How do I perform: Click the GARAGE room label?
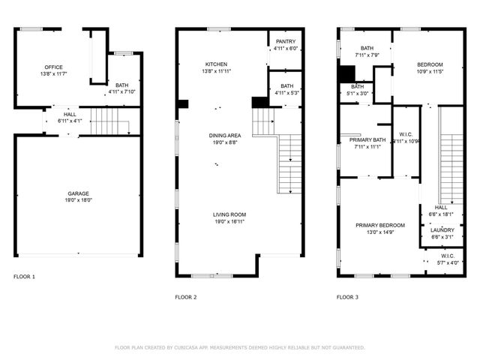click(x=79, y=193)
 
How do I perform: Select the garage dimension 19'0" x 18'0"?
click(x=79, y=200)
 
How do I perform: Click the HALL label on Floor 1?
click(x=69, y=114)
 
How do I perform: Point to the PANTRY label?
click(x=285, y=41)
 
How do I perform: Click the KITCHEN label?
click(x=217, y=64)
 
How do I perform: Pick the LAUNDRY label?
click(x=442, y=230)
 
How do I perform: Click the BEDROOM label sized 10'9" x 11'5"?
click(x=430, y=64)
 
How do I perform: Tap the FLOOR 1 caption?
click(x=24, y=277)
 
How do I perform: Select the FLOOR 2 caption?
click(x=185, y=297)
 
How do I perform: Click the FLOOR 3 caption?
click(x=346, y=297)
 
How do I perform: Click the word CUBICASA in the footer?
click(x=190, y=347)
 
